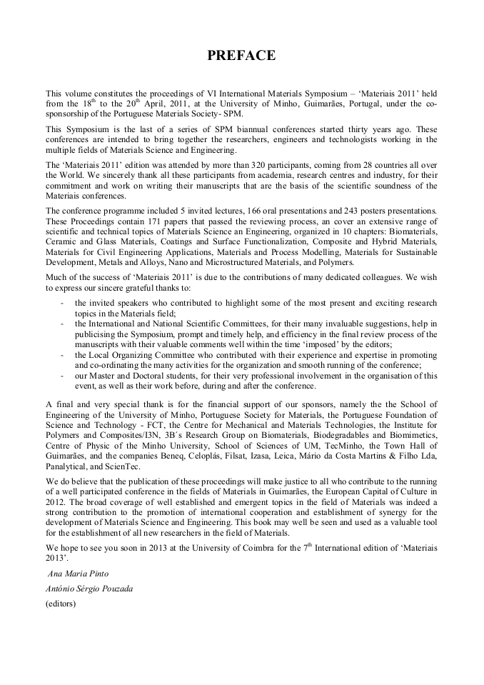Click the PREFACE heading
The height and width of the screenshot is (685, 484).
[241, 56]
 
